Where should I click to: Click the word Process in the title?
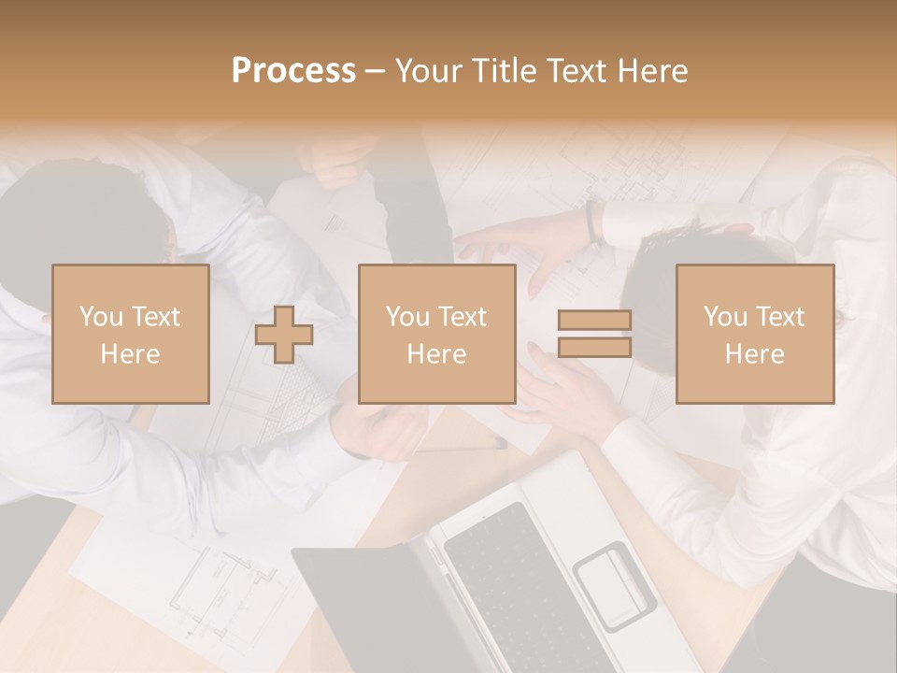click(293, 71)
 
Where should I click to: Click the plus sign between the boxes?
click(285, 335)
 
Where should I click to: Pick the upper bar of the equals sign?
click(594, 320)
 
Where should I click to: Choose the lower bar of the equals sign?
click(594, 348)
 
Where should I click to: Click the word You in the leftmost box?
click(101, 317)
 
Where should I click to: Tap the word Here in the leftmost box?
click(130, 354)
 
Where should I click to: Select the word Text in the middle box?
click(463, 317)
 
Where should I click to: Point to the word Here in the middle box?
click(436, 354)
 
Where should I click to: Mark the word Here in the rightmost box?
click(754, 354)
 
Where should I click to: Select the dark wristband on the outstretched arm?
click(591, 221)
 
